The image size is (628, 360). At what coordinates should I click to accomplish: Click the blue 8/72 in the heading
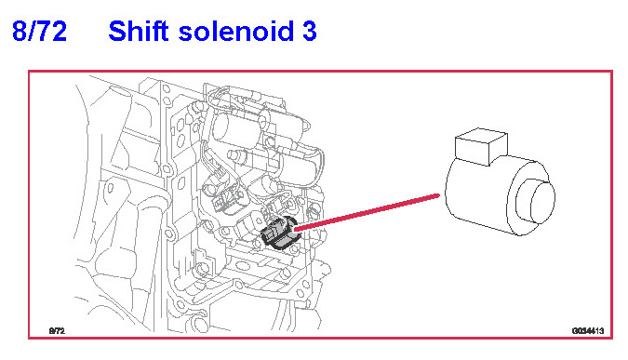[39, 31]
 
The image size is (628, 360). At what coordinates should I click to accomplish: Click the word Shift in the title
[139, 31]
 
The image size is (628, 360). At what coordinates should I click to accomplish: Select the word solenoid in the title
[236, 31]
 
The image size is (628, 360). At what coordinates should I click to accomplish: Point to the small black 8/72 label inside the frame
[57, 331]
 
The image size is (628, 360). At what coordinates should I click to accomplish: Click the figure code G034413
[588, 331]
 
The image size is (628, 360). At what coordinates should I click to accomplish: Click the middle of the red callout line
[367, 212]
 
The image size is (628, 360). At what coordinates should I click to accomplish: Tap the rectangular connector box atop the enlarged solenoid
[481, 147]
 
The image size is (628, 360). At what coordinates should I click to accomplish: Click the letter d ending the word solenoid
[287, 31]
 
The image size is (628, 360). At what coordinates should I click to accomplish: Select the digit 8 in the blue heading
[20, 31]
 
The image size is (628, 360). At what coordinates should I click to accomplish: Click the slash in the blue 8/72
[33, 31]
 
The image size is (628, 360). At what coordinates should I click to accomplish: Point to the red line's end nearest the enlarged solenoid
[439, 195]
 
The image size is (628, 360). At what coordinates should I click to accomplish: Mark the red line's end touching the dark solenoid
[295, 230]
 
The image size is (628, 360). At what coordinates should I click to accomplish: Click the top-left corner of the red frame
[29, 71]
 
